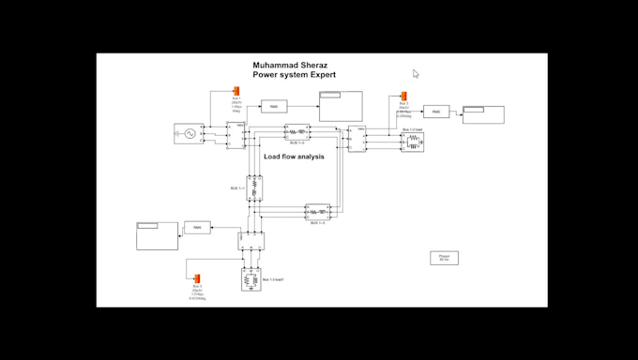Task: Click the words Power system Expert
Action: [x=294, y=75]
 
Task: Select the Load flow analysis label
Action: [x=294, y=157]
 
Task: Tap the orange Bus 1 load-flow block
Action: [x=237, y=91]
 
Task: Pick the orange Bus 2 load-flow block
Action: [x=403, y=97]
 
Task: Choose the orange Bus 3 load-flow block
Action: [x=196, y=277]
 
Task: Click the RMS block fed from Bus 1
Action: [x=274, y=107]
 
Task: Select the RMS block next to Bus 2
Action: [x=436, y=112]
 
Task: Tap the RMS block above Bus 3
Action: [x=197, y=228]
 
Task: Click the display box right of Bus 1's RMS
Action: [x=341, y=106]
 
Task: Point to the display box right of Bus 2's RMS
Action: [x=483, y=114]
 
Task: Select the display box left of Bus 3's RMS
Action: [x=157, y=235]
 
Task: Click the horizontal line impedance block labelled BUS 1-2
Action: [x=296, y=132]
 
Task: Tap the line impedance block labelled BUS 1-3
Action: [x=317, y=212]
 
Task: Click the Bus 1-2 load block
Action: [x=413, y=142]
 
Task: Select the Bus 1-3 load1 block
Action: [x=251, y=279]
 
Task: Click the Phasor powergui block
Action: [x=444, y=258]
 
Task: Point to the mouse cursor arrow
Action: [x=415, y=73]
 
